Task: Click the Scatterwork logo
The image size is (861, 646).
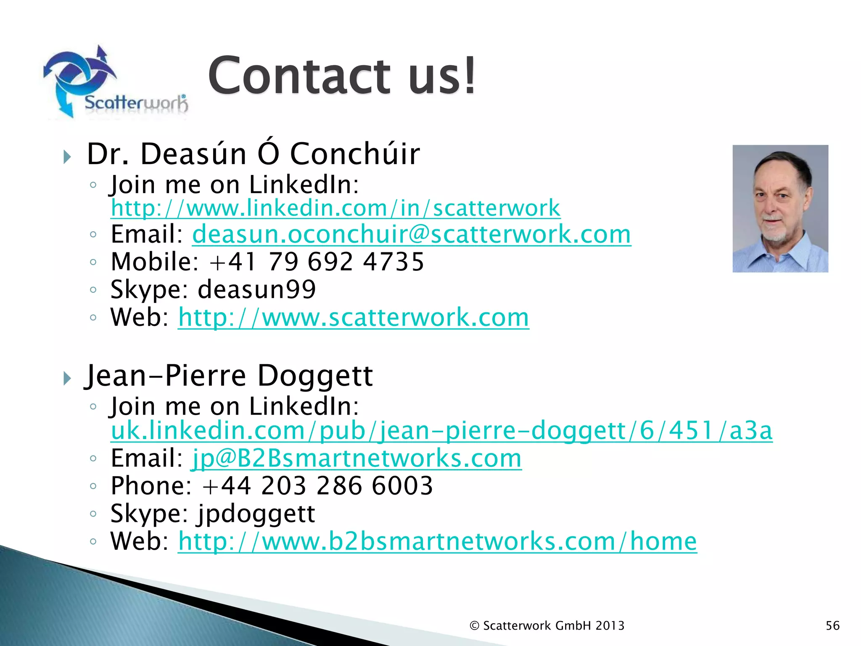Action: (x=116, y=82)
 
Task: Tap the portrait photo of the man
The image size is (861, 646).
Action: (x=780, y=209)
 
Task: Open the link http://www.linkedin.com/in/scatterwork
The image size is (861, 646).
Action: (x=335, y=208)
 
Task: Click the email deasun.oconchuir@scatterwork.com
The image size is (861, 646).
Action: (x=412, y=234)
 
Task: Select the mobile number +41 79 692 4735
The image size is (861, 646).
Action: (x=317, y=262)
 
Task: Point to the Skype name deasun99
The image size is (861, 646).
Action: (x=256, y=289)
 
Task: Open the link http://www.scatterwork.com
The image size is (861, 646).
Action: (x=353, y=317)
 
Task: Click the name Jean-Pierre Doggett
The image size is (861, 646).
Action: (x=229, y=375)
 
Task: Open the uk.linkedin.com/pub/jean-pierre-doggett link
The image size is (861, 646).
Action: (x=441, y=431)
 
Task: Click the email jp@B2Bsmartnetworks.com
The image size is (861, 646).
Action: (x=357, y=458)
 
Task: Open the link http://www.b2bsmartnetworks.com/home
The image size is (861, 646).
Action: (x=437, y=541)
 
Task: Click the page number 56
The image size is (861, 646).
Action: (x=832, y=625)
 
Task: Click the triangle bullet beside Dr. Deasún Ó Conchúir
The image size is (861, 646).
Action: (x=67, y=157)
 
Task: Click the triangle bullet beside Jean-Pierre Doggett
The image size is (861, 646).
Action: (x=67, y=379)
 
